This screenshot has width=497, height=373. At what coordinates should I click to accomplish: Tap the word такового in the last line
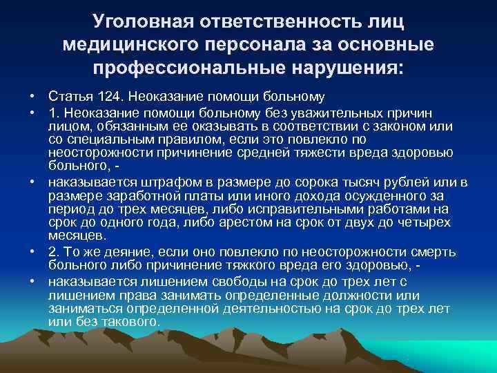click(x=131, y=322)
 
